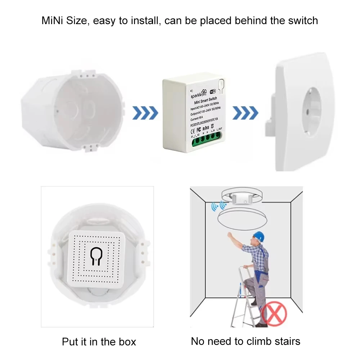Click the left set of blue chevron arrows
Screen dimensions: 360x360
pyautogui.click(x=145, y=113)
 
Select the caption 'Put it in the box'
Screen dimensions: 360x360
pyautogui.click(x=99, y=341)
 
